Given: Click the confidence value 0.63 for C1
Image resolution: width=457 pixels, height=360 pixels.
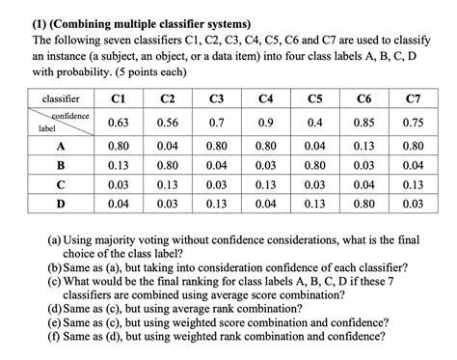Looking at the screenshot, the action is point(118,123).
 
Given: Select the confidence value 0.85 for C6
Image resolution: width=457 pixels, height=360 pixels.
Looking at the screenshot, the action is point(365,123).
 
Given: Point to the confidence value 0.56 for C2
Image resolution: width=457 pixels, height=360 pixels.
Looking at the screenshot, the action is point(167,123).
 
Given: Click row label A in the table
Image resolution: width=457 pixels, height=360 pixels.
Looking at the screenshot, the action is point(60,146).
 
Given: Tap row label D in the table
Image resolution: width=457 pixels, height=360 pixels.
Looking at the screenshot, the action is point(60,204).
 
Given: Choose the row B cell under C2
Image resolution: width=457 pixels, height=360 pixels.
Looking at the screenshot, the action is point(167,165).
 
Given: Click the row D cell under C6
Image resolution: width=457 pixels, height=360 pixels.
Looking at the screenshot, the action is point(365,204).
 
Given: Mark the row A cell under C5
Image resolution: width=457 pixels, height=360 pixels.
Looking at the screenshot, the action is point(315,146).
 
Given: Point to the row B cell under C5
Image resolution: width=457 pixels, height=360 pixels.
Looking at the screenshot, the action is point(315,165).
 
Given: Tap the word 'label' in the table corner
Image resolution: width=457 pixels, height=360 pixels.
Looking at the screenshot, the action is point(46,127).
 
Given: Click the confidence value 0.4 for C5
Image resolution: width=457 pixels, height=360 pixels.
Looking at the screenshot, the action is point(315,123).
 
